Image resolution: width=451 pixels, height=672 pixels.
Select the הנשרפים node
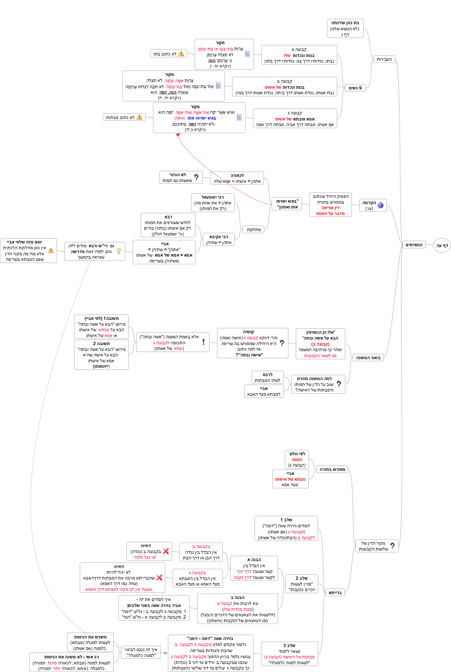pos(414,245)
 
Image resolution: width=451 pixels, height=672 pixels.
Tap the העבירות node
pos(384,59)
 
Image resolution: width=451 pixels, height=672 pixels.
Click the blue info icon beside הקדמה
pos(380,205)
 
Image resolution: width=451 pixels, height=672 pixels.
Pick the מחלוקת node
pos(253,229)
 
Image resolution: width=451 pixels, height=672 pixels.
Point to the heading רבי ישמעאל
pos(213,197)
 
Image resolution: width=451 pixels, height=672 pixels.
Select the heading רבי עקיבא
pos(219,237)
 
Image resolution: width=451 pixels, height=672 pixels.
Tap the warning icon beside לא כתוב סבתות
pos(139,117)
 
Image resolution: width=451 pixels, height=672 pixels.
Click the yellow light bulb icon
pos(119,251)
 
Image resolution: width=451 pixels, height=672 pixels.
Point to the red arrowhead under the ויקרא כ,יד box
pos(178,135)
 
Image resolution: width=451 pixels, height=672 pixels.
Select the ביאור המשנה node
pos(368,358)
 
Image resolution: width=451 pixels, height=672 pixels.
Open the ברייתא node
pos(335,593)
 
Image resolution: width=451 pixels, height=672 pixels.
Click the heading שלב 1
pos(286,520)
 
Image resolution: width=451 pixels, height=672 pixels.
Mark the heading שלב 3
pos(289,646)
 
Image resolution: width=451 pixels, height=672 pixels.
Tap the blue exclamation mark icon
pos(203,342)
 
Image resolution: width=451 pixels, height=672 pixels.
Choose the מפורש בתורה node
pos(332,469)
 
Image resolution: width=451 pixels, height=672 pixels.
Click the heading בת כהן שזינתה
pos(345,23)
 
